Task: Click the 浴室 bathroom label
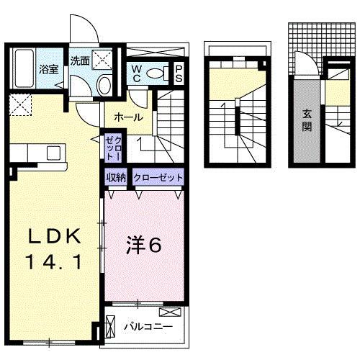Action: tap(48, 70)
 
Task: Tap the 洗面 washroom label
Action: tap(80, 61)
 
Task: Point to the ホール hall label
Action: tap(128, 117)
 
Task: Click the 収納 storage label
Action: tap(117, 177)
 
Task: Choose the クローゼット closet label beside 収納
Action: tap(158, 177)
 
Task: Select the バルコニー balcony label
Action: tap(148, 326)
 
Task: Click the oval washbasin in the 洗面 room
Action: tap(104, 86)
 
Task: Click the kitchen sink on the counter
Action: tap(53, 152)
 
